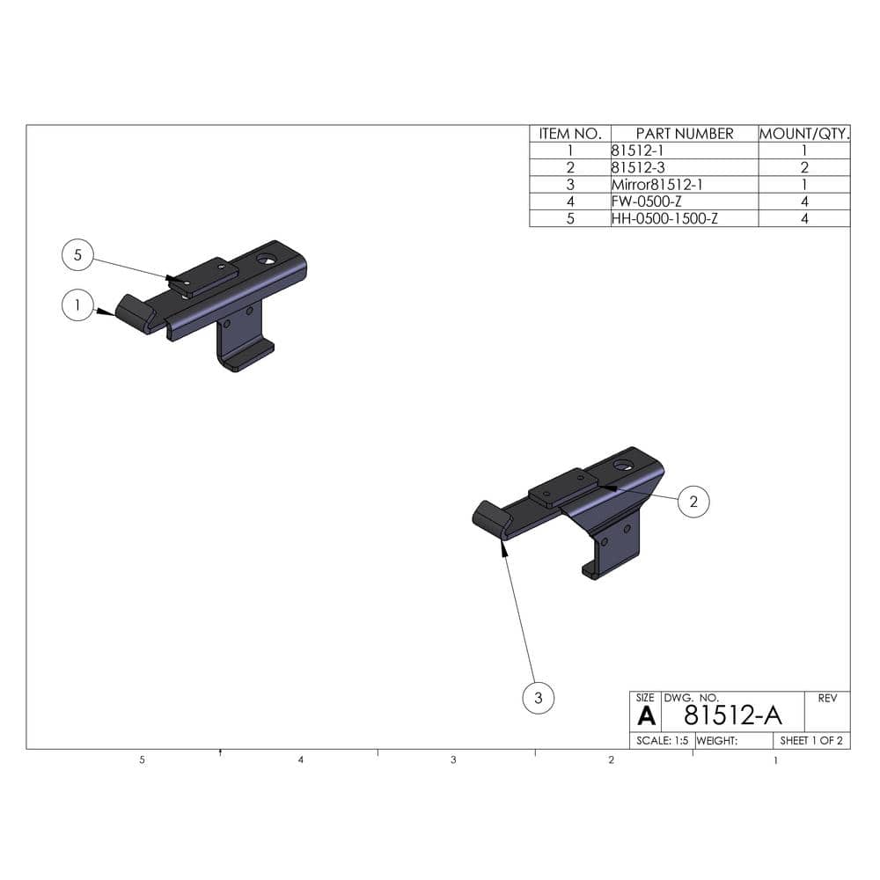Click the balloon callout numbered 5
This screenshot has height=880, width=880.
pos(78,254)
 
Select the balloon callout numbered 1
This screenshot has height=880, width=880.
pos(78,305)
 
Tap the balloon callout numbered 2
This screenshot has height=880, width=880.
pos(693,502)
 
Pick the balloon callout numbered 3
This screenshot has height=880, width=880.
pos(539,699)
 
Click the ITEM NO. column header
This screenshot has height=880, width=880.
pos(569,134)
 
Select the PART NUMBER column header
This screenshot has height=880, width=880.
pos(684,134)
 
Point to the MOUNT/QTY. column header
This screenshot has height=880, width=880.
pos(804,134)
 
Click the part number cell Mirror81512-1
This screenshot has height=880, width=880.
pos(656,185)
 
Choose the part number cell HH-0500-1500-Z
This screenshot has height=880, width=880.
pos(664,218)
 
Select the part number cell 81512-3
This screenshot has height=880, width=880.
pos(634,167)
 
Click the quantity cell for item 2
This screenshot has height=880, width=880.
pos(804,167)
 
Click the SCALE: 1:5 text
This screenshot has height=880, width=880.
pos(662,741)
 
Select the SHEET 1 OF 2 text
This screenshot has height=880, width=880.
pos(811,741)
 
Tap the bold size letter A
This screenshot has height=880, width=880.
pos(645,715)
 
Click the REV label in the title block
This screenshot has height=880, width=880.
pos(827,699)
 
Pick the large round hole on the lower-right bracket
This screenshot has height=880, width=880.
pos(624,464)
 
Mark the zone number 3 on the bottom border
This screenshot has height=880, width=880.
pos(453,759)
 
